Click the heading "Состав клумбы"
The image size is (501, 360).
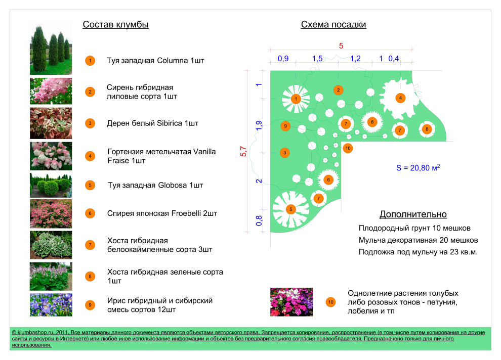click(115, 24)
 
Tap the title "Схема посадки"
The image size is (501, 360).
click(333, 24)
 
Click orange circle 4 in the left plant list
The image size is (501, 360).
click(90, 156)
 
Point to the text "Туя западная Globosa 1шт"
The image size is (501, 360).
click(155, 185)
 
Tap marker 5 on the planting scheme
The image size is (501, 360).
click(290, 209)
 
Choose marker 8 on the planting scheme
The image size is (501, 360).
click(427, 129)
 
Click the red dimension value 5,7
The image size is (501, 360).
click(243, 151)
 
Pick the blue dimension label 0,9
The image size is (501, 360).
click(283, 59)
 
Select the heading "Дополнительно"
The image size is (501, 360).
click(413, 214)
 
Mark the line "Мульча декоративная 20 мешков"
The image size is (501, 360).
click(418, 240)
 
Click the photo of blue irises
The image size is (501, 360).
click(51, 304)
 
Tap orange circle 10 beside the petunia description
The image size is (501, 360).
click(330, 302)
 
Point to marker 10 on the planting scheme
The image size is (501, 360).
click(347, 148)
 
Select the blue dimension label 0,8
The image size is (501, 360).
click(259, 220)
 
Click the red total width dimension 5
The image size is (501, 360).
click(341, 46)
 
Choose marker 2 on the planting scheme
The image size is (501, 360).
click(338, 90)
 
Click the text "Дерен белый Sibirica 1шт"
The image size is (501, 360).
click(153, 123)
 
